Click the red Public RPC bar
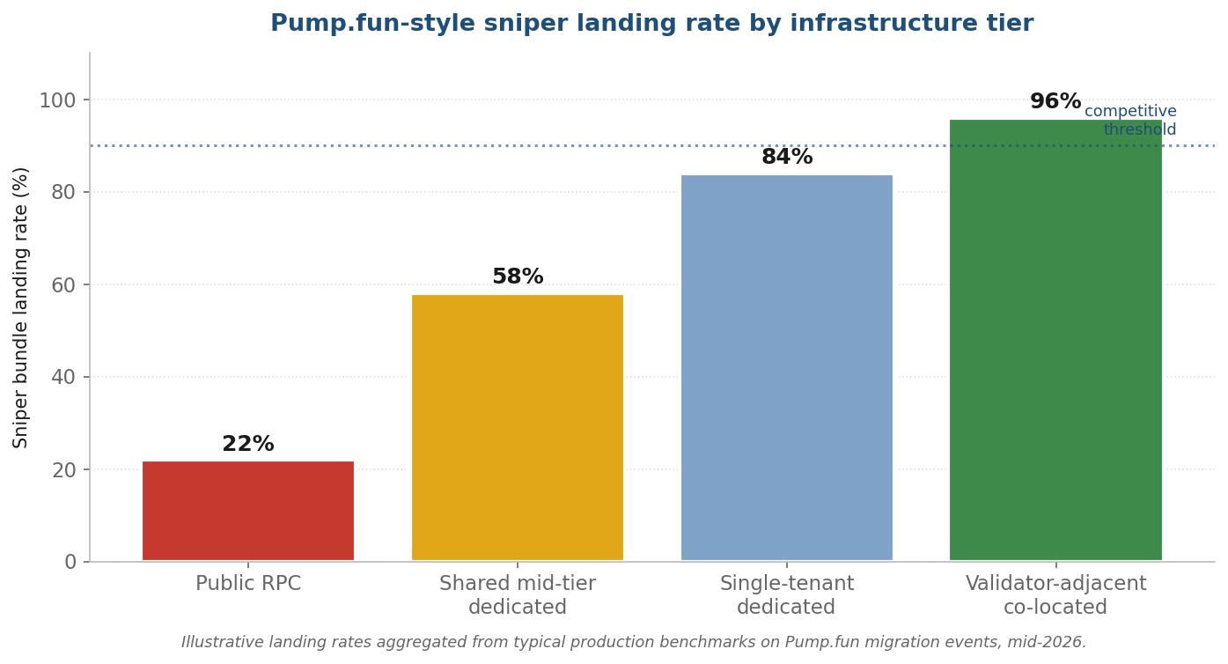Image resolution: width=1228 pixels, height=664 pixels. click(x=248, y=511)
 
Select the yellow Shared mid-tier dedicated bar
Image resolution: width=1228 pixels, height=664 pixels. click(x=518, y=428)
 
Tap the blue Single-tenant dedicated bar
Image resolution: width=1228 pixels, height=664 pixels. click(x=787, y=368)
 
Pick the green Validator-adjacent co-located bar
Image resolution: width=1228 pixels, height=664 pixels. click(x=1055, y=340)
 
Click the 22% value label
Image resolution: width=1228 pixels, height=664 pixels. click(x=247, y=444)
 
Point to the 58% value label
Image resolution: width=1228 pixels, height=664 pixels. click(x=518, y=277)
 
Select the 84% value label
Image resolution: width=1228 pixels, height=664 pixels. click(x=787, y=157)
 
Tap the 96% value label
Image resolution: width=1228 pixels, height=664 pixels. click(x=1055, y=101)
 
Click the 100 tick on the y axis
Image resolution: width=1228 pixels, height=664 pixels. click(x=57, y=100)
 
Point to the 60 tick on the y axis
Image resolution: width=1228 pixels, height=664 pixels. click(x=63, y=285)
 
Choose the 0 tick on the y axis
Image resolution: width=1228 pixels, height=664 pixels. click(x=70, y=562)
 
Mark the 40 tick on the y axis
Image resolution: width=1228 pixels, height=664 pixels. click(x=63, y=377)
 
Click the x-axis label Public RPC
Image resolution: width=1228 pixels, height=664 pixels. click(x=248, y=583)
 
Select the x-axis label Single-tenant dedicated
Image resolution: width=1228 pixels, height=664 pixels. click(x=787, y=595)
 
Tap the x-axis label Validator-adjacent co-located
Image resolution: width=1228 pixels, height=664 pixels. click(x=1055, y=595)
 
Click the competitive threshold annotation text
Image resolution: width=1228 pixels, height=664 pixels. click(x=1130, y=120)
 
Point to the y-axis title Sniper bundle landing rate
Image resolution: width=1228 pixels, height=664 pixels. click(x=20, y=307)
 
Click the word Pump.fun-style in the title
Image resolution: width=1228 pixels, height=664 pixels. click(x=372, y=24)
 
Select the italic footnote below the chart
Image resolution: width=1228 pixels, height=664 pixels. click(x=634, y=642)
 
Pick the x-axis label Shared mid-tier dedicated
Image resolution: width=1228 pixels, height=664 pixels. click(x=518, y=595)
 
